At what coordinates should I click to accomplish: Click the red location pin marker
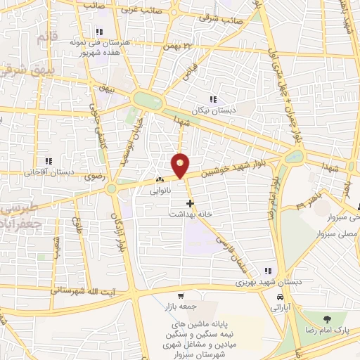pos(180,165)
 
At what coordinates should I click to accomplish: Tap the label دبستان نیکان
pos(212,110)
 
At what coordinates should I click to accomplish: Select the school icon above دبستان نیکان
pos(212,99)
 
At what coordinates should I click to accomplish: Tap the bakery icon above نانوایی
pos(160,179)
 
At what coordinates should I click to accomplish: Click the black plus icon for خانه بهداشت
pos(189,202)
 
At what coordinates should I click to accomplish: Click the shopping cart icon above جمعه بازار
pos(181,296)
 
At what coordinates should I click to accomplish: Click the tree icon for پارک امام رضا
pos(326,320)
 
